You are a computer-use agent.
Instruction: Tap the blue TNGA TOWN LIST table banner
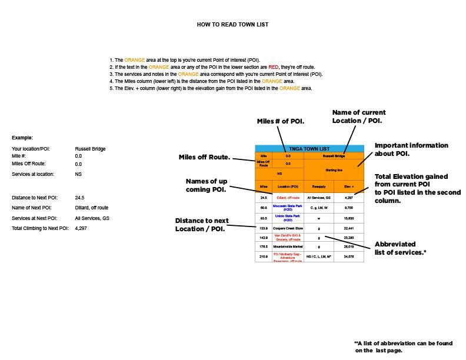tap(309, 149)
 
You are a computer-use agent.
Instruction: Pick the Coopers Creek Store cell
tap(288, 228)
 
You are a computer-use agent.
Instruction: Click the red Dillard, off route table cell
tap(288, 197)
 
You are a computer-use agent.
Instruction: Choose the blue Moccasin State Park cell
tap(288, 207)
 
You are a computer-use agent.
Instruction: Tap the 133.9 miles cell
tap(264, 228)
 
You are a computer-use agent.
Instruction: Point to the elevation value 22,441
tap(348, 228)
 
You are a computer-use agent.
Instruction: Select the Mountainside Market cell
tap(288, 248)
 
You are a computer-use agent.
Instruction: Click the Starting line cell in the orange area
tap(334, 169)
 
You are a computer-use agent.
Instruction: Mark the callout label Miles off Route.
tap(204, 158)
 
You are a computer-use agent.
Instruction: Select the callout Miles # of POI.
tap(281, 121)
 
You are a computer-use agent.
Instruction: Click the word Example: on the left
tap(22, 137)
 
